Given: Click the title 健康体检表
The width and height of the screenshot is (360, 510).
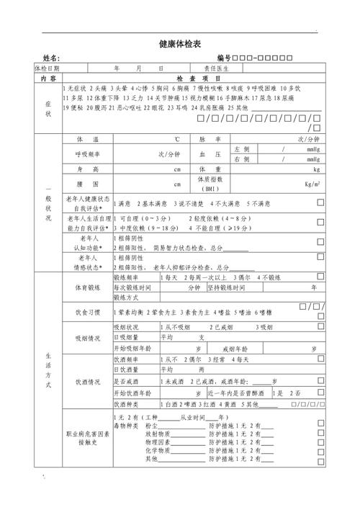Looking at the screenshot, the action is point(180,44).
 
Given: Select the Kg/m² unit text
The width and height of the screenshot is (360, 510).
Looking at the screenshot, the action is point(312,184).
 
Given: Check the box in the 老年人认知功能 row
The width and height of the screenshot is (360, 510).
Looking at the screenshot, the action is point(320,242).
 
